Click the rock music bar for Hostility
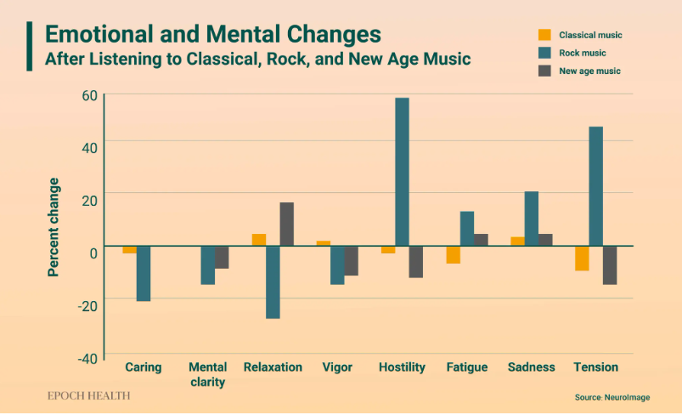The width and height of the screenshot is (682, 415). (x=402, y=172)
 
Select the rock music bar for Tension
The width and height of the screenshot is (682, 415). (x=595, y=186)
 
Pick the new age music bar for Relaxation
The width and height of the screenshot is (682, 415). (x=286, y=225)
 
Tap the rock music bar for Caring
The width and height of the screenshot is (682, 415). (x=144, y=273)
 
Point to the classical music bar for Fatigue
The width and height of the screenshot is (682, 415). (x=453, y=254)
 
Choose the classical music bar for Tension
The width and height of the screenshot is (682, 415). (x=582, y=258)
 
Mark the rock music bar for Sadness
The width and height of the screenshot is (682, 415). (x=532, y=219)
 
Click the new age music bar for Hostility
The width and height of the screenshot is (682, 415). (x=415, y=261)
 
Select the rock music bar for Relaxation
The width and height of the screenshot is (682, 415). (x=273, y=282)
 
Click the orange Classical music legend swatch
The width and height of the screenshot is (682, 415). (x=544, y=35)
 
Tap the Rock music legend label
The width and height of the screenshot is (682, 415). (x=582, y=53)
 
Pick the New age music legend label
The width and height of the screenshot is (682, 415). (x=589, y=71)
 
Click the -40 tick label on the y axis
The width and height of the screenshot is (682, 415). (x=87, y=358)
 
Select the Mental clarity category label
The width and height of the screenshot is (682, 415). (x=207, y=375)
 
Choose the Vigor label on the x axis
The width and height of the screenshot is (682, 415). (x=337, y=367)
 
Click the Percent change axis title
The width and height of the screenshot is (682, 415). (x=54, y=227)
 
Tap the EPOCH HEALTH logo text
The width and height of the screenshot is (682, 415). (x=88, y=395)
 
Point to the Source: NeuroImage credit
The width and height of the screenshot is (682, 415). (x=612, y=397)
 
